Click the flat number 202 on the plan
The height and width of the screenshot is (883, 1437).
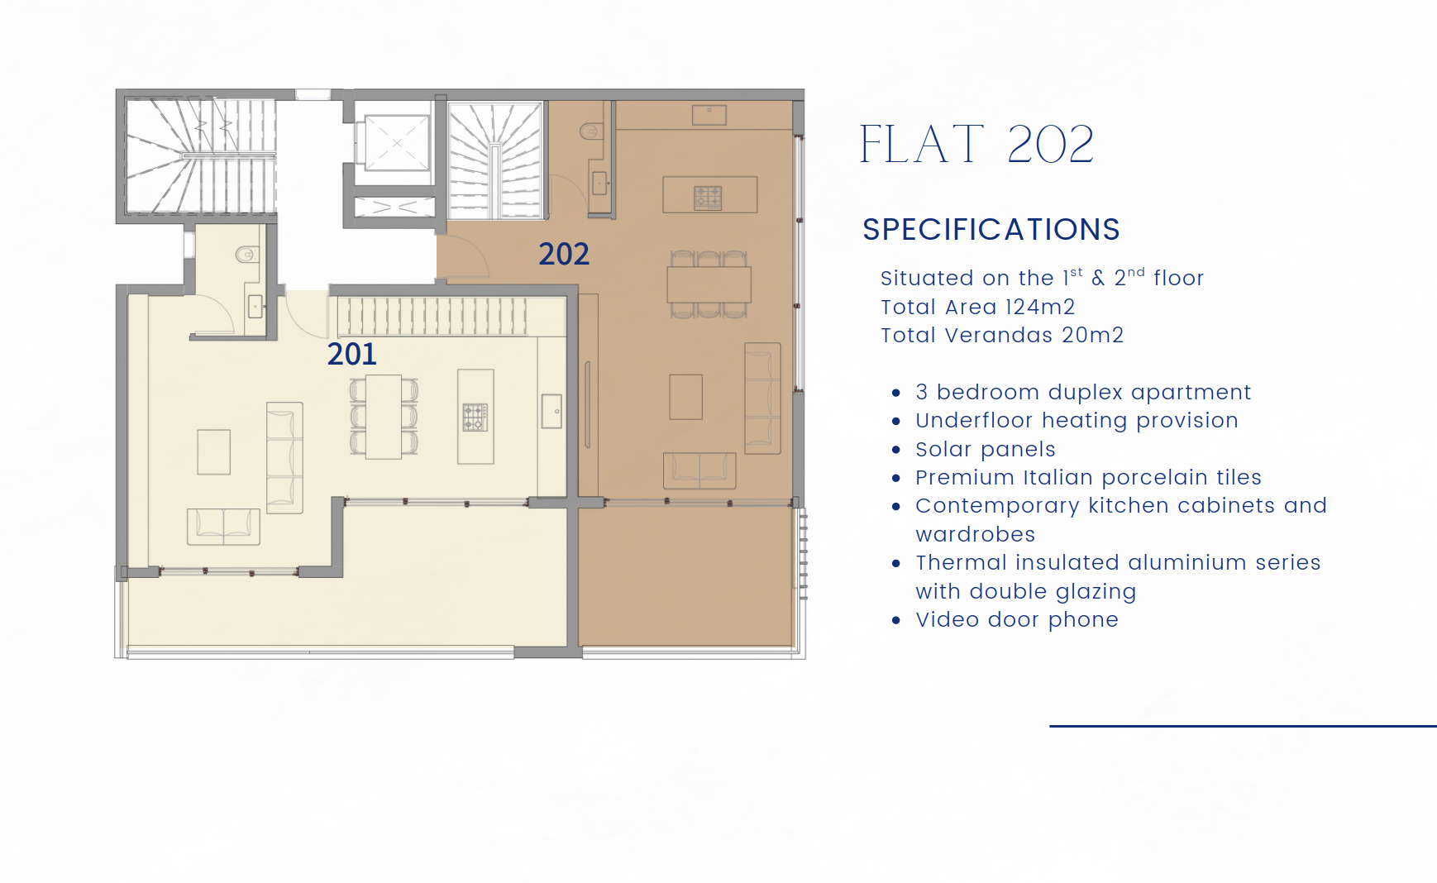[x=564, y=254]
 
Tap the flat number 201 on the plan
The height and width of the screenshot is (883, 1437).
[x=352, y=354]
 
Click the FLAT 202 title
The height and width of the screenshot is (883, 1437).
[x=976, y=144]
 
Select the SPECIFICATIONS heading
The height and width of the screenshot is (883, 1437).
[x=991, y=229]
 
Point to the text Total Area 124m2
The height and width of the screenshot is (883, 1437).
[x=977, y=307]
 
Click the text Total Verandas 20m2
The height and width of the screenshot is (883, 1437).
[x=1002, y=335]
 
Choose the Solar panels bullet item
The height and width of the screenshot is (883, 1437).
[x=986, y=449]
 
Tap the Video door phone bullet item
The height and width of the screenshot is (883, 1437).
[x=1017, y=619]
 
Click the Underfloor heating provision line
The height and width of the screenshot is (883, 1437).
[x=1077, y=420]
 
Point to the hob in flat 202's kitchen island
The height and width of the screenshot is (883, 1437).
[x=708, y=198]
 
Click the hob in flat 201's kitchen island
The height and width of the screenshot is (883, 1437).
[x=475, y=418]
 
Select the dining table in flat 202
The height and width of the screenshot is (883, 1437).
[x=709, y=284]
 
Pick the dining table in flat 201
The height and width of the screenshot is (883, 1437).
[x=384, y=417]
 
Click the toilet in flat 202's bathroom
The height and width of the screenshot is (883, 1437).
[x=591, y=131]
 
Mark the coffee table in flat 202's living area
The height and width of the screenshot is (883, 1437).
[x=685, y=397]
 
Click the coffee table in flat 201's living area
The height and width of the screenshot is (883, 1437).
[x=213, y=451]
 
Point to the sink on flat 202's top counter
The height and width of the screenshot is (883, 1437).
[x=709, y=115]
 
